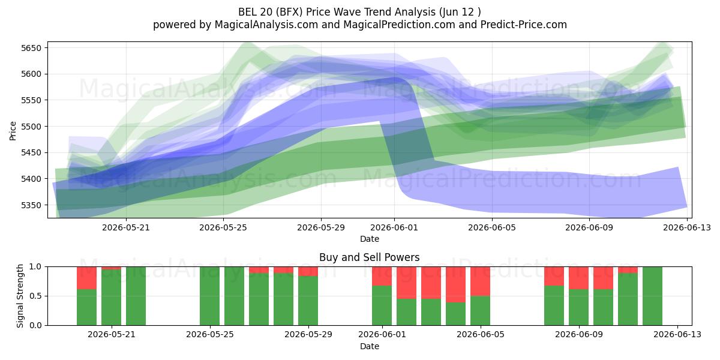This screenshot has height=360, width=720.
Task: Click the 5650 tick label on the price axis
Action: pyautogui.click(x=31, y=48)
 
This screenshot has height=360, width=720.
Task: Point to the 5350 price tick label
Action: pyautogui.click(x=31, y=205)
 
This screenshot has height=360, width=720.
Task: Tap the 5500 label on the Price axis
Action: pyautogui.click(x=31, y=127)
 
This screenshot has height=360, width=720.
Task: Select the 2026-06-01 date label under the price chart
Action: pyautogui.click(x=394, y=227)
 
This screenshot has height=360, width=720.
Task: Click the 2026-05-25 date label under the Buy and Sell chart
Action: pyautogui.click(x=210, y=334)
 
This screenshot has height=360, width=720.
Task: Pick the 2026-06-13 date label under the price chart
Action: pyautogui.click(x=687, y=227)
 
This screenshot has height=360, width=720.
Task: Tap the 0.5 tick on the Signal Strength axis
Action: pyautogui.click(x=35, y=296)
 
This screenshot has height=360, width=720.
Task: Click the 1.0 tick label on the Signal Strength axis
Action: pyautogui.click(x=35, y=266)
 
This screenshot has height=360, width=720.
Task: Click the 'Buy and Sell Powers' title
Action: pyautogui.click(x=370, y=257)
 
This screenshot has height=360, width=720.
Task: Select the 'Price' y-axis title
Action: pyautogui.click(x=13, y=131)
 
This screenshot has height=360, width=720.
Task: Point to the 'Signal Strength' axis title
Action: pyautogui.click(x=20, y=296)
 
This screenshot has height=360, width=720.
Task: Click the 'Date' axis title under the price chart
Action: pyautogui.click(x=370, y=239)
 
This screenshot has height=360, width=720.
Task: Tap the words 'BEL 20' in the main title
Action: pyautogui.click(x=254, y=12)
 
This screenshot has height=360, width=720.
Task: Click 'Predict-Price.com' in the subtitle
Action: pyautogui.click(x=524, y=25)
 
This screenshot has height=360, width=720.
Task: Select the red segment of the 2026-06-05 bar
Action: pyautogui.click(x=480, y=281)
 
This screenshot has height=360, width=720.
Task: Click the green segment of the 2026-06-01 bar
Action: pyautogui.click(x=382, y=305)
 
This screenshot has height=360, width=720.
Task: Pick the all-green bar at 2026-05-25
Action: pyautogui.click(x=209, y=296)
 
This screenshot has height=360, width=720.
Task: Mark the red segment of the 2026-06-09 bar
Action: pyautogui.click(x=578, y=278)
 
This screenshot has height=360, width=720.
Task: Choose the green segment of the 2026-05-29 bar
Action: pyautogui.click(x=308, y=301)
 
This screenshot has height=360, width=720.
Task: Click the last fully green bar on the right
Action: pyautogui.click(x=653, y=296)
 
